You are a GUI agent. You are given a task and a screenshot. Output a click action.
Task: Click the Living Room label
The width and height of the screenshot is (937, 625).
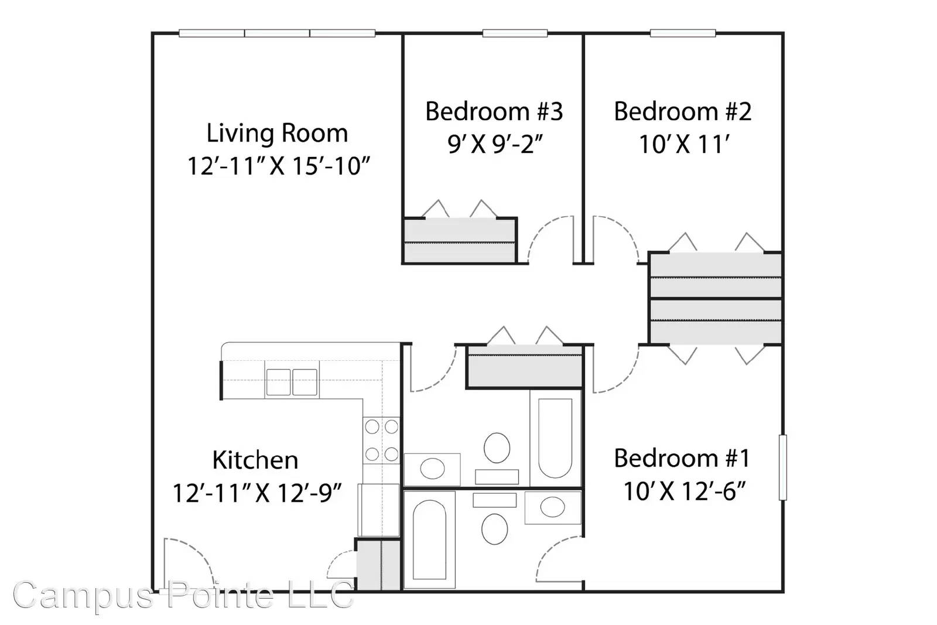click(277, 133)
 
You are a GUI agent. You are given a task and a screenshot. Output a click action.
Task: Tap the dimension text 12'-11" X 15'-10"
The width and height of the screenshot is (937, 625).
click(279, 166)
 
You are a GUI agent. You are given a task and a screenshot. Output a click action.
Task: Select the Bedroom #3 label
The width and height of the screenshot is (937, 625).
click(494, 111)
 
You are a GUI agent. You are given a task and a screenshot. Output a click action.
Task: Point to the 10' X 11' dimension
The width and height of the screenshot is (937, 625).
click(684, 144)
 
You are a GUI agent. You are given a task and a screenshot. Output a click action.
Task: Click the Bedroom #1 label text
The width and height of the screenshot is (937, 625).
click(682, 458)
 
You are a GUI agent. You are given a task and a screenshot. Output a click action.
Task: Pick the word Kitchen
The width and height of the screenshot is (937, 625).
click(255, 460)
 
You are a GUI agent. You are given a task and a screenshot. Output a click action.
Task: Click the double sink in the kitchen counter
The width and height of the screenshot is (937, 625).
click(292, 382)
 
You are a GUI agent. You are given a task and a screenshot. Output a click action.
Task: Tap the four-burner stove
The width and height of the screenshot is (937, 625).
click(381, 440)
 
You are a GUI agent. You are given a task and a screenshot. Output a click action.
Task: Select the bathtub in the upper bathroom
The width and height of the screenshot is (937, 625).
click(555, 438)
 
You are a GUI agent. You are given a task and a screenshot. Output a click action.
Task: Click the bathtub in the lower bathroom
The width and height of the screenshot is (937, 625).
click(429, 539)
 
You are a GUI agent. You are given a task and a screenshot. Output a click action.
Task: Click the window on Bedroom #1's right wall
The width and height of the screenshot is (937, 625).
click(782, 467)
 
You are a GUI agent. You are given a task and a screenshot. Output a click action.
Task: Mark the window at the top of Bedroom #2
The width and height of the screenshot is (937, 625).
click(683, 33)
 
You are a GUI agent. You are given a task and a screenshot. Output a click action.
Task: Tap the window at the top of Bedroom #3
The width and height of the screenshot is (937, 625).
click(515, 33)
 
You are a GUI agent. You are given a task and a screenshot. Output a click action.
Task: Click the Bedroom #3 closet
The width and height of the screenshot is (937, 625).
click(460, 241)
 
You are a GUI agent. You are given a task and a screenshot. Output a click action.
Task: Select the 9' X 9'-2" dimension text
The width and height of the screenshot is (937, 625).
click(495, 144)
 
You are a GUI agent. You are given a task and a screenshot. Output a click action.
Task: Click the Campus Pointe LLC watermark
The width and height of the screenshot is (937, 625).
click(183, 595)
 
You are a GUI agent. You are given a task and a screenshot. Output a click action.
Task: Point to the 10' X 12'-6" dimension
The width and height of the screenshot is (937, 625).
click(685, 491)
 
